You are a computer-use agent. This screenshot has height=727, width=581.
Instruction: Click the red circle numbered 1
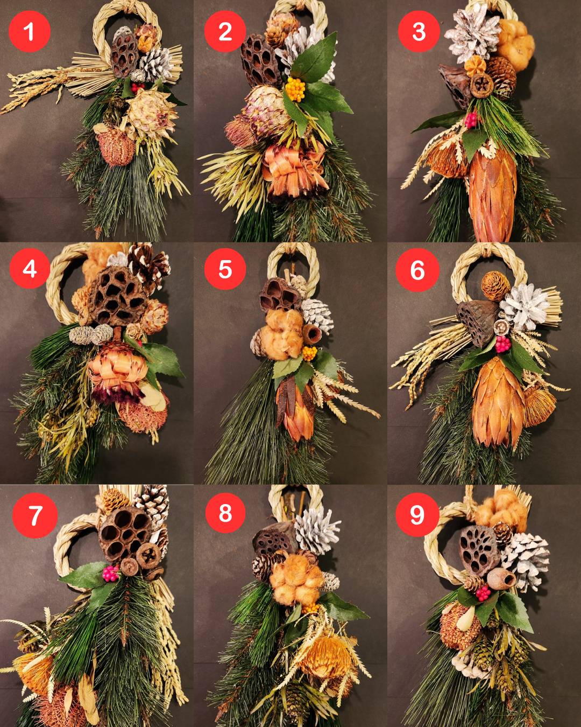coord(30,31)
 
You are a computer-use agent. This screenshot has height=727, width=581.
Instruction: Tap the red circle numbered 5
coord(225,269)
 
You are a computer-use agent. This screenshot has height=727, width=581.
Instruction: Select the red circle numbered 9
coord(417,514)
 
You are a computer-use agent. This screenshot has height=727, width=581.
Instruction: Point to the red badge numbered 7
coord(35,515)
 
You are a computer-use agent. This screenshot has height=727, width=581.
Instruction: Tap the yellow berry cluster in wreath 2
coord(295,89)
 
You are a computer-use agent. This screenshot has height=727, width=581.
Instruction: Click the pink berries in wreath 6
coord(502,344)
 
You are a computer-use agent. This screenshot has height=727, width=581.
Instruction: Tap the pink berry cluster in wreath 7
coord(111,574)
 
